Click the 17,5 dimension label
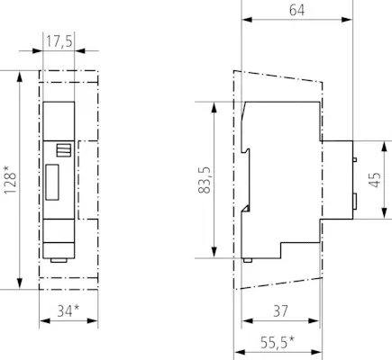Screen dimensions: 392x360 59,41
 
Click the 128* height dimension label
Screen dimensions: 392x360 10,179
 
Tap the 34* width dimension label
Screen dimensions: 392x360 68,310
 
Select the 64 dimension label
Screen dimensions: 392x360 296,10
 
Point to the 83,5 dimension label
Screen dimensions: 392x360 205,180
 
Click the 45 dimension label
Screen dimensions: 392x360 375,180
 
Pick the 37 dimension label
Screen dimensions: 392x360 280,311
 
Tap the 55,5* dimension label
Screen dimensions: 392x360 278,343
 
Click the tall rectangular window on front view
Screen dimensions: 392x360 52,182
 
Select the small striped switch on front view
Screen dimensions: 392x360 64,150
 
